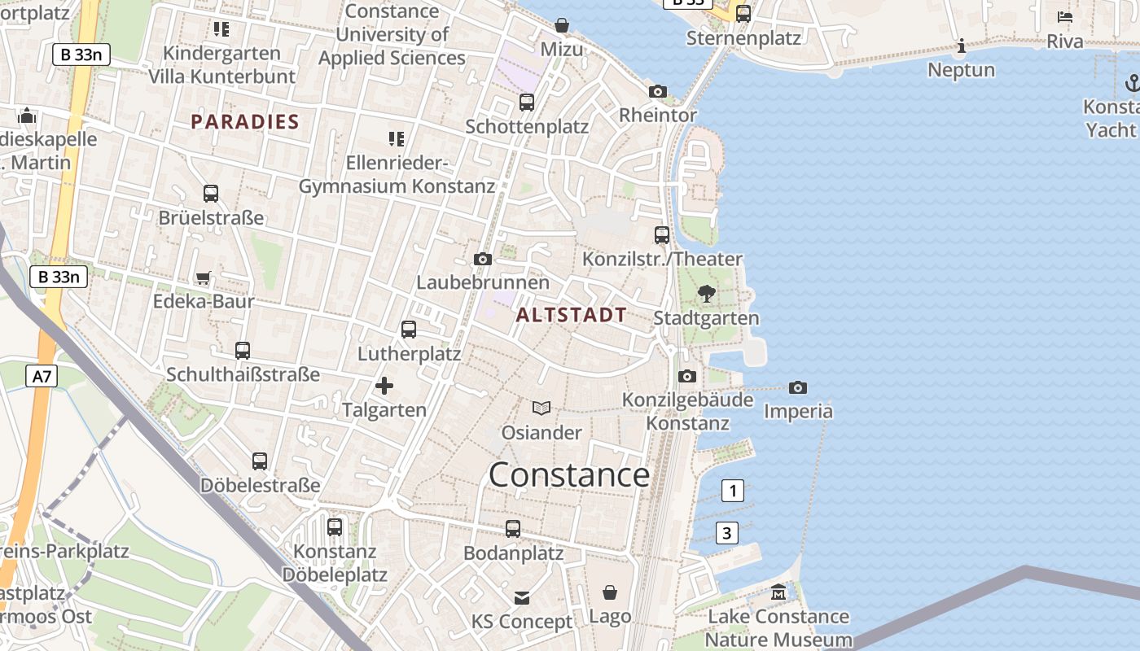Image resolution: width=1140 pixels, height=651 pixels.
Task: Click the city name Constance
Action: click(569, 475)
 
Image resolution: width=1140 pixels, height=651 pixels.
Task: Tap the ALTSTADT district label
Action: click(572, 315)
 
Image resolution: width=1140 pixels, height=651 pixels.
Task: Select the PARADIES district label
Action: click(245, 122)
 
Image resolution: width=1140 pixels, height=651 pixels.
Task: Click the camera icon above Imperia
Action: click(798, 387)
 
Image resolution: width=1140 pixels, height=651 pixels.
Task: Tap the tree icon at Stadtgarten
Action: click(707, 294)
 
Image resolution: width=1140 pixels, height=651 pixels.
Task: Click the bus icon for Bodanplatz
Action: click(513, 529)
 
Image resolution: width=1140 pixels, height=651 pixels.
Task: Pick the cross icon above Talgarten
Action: click(384, 386)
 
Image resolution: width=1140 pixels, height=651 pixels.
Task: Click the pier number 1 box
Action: click(733, 491)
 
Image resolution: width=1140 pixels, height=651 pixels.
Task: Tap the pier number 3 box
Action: click(727, 534)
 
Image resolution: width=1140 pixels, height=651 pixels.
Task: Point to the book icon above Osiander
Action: click(541, 408)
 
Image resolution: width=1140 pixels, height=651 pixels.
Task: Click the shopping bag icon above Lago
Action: click(610, 592)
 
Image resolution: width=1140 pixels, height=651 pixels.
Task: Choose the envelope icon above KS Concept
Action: click(522, 598)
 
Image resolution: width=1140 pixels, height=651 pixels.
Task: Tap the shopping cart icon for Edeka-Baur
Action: click(204, 277)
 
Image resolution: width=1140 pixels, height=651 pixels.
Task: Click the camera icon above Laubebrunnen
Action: click(483, 259)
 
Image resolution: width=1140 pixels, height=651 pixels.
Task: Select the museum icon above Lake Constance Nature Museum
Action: click(778, 592)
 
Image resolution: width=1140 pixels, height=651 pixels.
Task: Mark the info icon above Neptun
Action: click(962, 46)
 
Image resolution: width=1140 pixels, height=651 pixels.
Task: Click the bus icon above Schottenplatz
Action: click(527, 103)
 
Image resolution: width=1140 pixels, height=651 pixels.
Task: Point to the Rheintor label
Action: click(658, 116)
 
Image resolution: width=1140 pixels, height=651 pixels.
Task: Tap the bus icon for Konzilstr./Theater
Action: click(662, 235)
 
